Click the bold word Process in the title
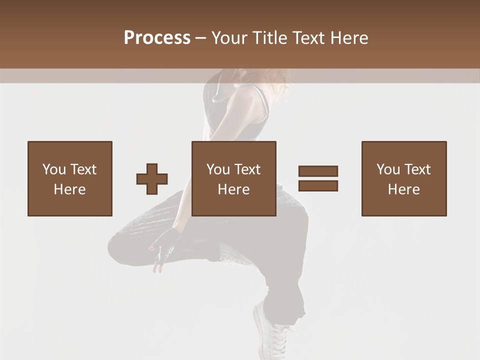pos(157,38)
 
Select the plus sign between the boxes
pos(152,179)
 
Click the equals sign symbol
pos(318,178)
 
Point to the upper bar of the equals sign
pos(318,171)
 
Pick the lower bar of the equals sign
pos(318,186)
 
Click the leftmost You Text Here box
pos(70,178)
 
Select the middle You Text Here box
pos(234,178)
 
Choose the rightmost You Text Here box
pos(404,178)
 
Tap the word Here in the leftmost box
pos(70,189)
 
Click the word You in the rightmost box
pos(388,169)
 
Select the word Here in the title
pos(349,38)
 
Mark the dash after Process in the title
pos(200,38)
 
